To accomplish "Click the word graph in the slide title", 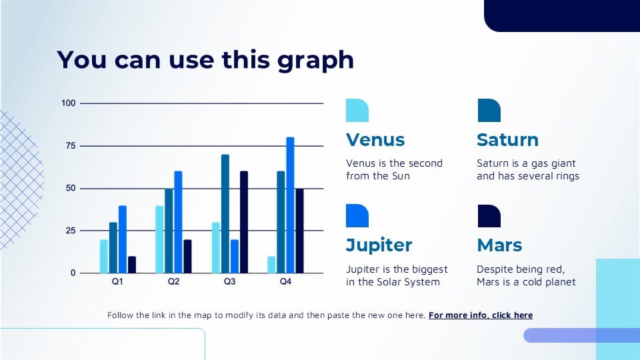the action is (315, 61).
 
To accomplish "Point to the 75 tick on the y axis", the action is (71, 146).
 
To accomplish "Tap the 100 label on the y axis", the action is (69, 103).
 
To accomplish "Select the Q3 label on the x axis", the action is (229, 281).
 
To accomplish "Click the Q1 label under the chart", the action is (117, 281).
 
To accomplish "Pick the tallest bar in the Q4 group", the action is (290, 205).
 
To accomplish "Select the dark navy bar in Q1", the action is (132, 265).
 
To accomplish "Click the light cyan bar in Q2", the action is (159, 239).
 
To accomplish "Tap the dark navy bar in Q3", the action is (244, 222).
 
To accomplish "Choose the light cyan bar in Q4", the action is (271, 265).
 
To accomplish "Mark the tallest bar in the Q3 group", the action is (225, 213).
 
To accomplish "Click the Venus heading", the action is (375, 139).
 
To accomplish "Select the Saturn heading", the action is (507, 139).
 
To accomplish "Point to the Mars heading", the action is (499, 245).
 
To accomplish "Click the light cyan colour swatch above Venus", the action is (357, 110).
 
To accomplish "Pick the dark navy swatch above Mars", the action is (489, 216).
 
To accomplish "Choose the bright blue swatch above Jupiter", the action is (357, 215).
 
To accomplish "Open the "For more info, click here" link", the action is (481, 315).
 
